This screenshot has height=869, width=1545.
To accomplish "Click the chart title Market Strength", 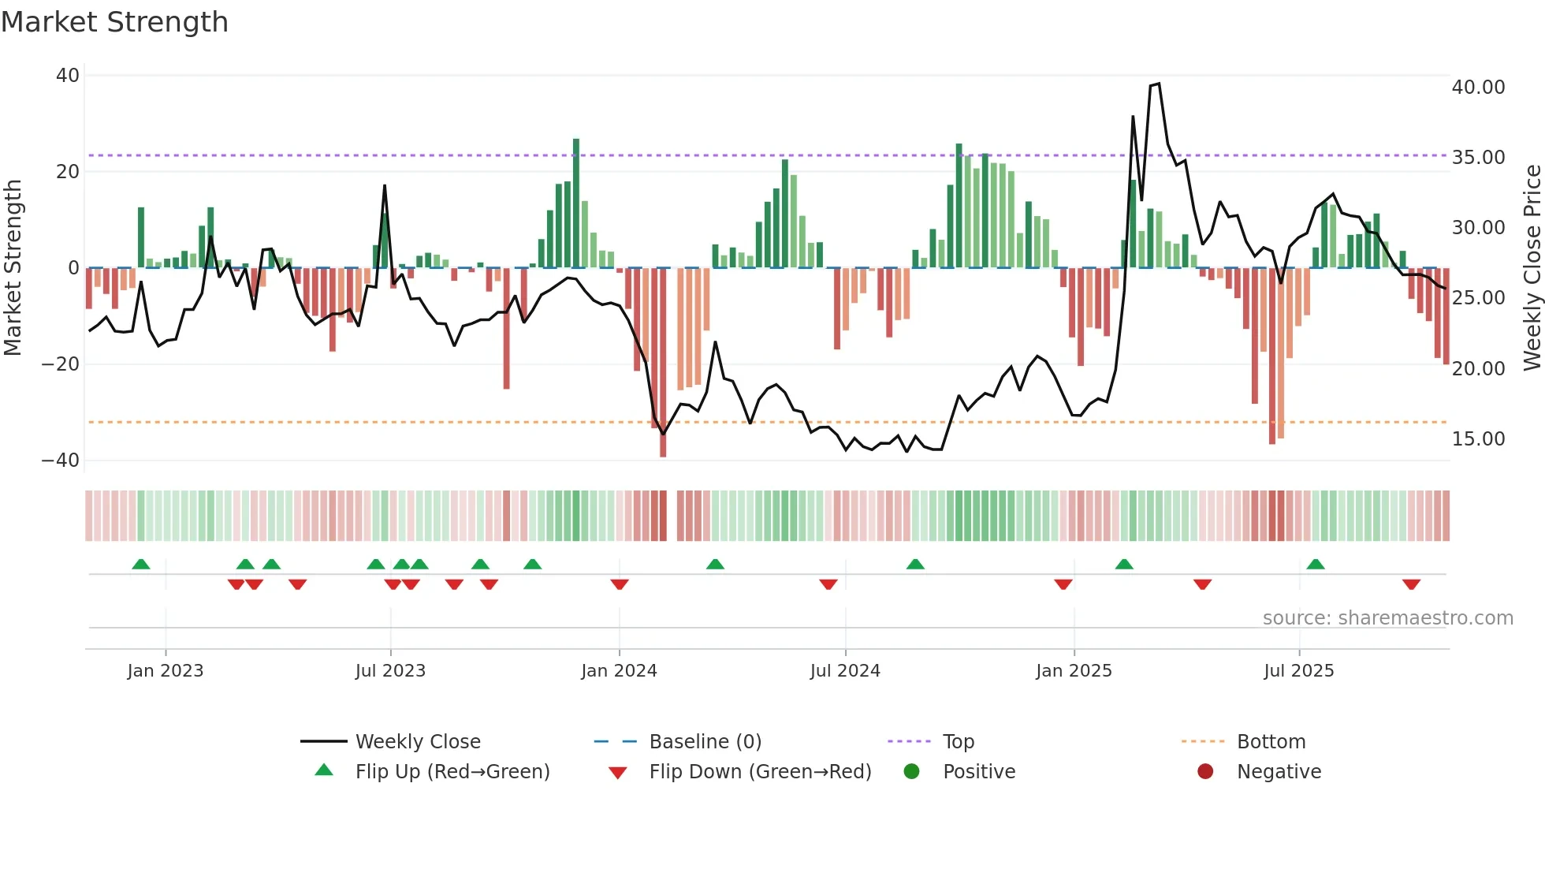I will [x=114, y=22].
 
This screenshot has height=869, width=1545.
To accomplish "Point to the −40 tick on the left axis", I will [x=61, y=461].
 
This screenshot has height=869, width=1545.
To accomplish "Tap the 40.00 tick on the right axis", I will [x=1478, y=88].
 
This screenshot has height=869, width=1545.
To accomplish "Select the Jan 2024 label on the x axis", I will [x=619, y=671].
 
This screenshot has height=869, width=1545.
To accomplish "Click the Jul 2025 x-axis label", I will [x=1298, y=671].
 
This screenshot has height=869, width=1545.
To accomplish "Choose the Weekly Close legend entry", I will [x=417, y=742].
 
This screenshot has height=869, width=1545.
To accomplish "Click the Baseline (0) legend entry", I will [x=705, y=742].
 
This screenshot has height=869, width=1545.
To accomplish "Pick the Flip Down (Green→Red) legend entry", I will [x=759, y=772].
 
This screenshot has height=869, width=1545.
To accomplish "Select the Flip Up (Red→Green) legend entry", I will [x=452, y=772].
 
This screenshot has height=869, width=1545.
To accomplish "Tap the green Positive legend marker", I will [x=912, y=771].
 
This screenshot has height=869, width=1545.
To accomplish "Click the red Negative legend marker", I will [x=1205, y=771].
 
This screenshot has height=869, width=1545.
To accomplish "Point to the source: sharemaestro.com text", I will [x=1387, y=618].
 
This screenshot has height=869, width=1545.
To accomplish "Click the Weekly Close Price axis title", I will [x=1532, y=268].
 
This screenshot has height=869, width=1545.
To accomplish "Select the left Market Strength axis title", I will [x=13, y=268].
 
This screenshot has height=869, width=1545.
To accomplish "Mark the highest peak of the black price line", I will [x=1158, y=84].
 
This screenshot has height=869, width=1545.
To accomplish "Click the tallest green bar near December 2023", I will [x=576, y=203].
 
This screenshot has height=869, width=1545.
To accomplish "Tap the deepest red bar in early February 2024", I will [x=663, y=363].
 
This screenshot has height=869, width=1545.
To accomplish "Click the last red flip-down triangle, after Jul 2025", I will [x=1411, y=584].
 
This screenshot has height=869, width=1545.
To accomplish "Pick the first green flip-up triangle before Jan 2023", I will [x=141, y=564].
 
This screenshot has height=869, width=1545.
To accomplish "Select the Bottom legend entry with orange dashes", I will [x=1271, y=742].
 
